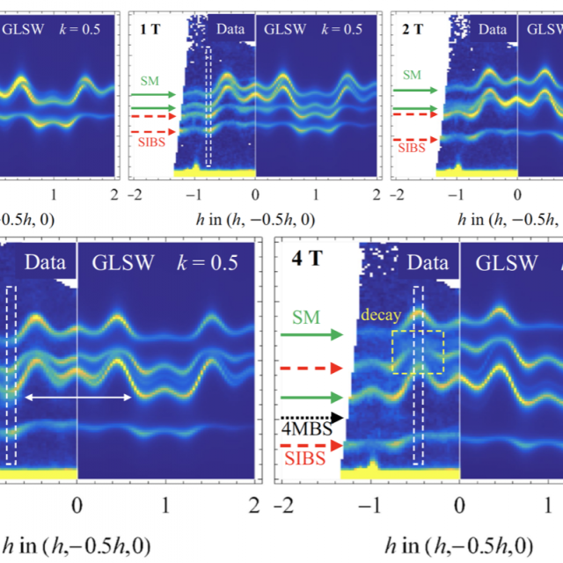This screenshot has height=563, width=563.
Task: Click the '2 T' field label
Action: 413,27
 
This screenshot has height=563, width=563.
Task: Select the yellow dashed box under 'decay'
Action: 418,352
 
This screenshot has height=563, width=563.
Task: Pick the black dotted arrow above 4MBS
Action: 312,417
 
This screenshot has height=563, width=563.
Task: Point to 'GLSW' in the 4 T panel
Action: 500,261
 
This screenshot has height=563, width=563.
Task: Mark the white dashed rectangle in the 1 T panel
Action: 208,107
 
